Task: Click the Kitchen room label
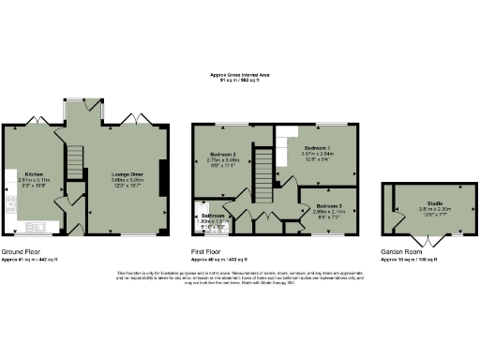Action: [34, 173]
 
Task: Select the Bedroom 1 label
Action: [317, 149]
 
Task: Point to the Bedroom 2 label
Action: [222, 154]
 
